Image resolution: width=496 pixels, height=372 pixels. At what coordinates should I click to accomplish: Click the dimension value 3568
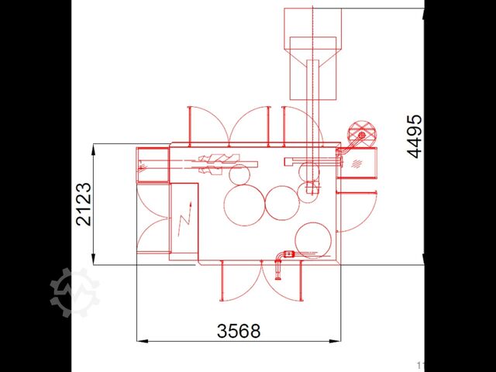tap(239, 331)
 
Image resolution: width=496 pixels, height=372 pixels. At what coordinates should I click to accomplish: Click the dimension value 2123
tap(84, 203)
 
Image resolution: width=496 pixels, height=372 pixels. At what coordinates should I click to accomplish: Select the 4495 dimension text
tap(416, 136)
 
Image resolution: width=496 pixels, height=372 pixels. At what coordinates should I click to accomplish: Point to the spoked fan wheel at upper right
tap(360, 133)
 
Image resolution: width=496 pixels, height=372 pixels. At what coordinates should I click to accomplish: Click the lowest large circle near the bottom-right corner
tap(313, 240)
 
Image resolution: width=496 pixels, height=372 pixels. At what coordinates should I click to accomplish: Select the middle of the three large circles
tap(281, 203)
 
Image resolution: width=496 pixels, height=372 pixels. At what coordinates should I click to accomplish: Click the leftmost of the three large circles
tap(243, 204)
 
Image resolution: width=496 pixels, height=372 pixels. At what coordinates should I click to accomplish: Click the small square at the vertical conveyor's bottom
tap(310, 188)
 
